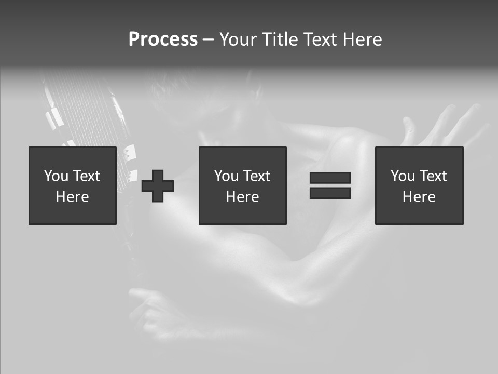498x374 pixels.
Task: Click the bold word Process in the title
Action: (x=163, y=39)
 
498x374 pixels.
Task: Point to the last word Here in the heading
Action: (x=362, y=39)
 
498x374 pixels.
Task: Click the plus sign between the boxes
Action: (x=158, y=185)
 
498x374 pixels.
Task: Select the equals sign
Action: (x=330, y=185)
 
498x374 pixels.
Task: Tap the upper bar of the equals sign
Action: (x=330, y=178)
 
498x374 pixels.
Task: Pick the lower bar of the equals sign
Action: (x=330, y=193)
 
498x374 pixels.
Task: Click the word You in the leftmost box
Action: (x=56, y=176)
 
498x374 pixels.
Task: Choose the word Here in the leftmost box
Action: (x=72, y=197)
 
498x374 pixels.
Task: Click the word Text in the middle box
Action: (x=256, y=176)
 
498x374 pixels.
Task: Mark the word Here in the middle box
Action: (x=242, y=197)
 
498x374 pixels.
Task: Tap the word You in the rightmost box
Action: (x=402, y=176)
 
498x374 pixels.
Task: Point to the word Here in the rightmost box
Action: (x=419, y=197)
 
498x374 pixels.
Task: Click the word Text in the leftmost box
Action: (x=86, y=176)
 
